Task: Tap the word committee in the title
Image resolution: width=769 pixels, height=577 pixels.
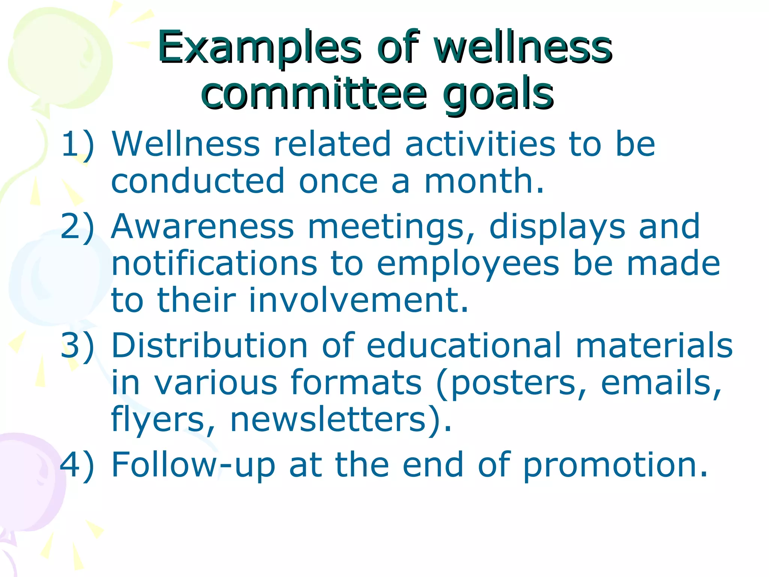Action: coord(314,93)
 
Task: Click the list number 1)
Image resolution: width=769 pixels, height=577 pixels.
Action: coord(77,144)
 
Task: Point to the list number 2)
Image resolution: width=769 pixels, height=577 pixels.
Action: coord(77,227)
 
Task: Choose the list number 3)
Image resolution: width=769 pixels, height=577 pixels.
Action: coord(77,346)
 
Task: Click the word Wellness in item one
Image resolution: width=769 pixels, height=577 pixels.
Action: coord(185,143)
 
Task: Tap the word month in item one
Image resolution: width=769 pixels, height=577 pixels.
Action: coord(484,181)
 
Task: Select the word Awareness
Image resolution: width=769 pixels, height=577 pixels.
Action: coord(203,226)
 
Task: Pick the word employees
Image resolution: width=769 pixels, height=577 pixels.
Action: coord(468,264)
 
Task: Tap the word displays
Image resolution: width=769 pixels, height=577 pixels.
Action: coord(557,227)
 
